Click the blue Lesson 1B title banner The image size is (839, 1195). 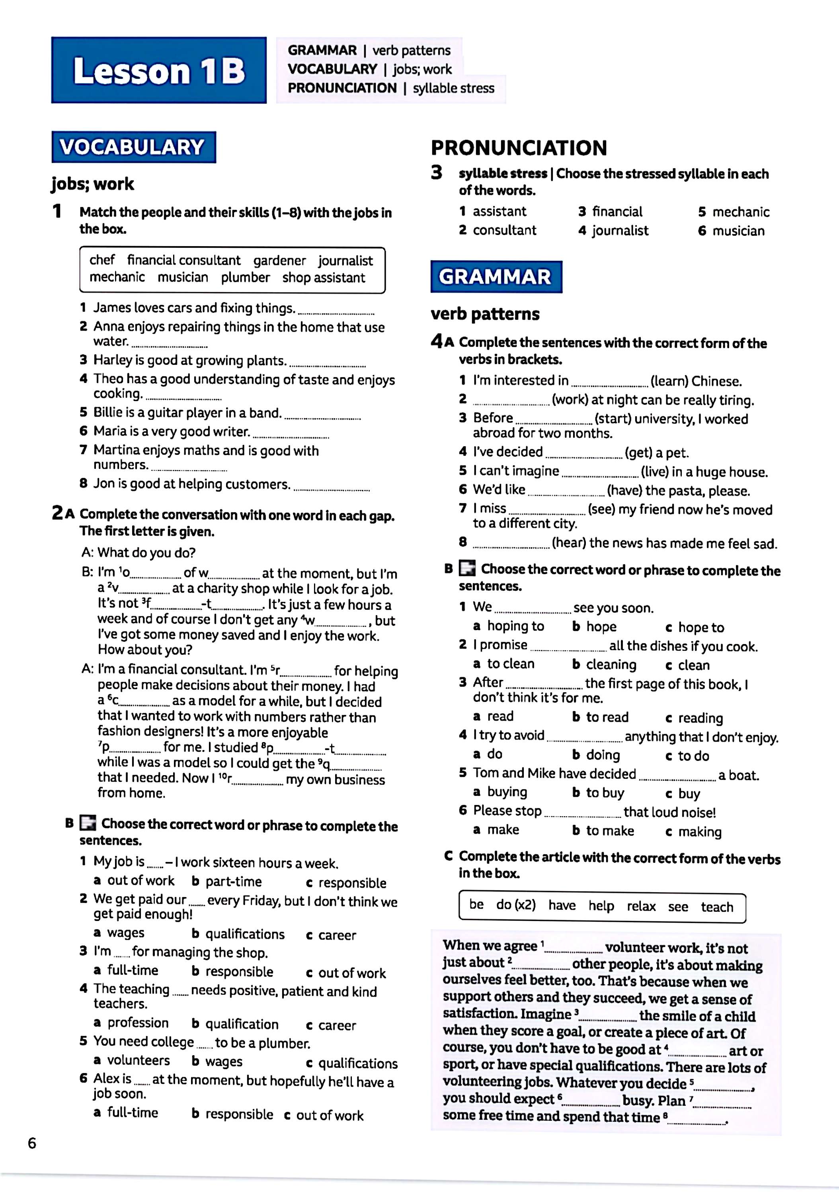(159, 70)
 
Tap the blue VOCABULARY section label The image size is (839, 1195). (133, 147)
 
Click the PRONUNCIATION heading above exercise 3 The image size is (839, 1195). (519, 148)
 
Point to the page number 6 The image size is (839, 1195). (32, 1143)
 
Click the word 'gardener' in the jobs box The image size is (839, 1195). (279, 260)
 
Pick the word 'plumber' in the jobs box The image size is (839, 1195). (245, 277)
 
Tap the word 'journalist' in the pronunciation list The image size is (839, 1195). (620, 231)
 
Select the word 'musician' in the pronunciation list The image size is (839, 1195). (738, 231)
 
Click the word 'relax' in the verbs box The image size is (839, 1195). (641, 906)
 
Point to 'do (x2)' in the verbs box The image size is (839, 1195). (515, 905)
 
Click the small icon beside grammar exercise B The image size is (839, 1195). (466, 569)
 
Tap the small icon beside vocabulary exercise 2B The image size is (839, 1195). (88, 823)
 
